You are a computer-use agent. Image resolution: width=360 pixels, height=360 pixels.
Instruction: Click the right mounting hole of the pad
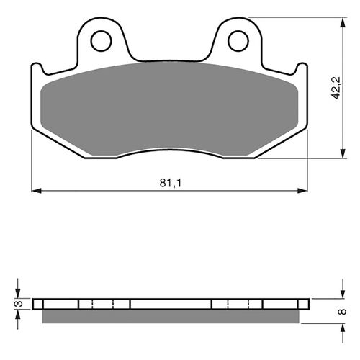point(237,41)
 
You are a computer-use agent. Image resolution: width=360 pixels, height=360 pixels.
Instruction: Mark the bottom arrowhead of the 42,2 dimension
point(338,154)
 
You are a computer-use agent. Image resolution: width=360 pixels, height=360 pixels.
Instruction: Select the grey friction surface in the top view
point(170,108)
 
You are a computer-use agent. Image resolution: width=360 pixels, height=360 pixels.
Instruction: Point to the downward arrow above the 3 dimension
point(20,292)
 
